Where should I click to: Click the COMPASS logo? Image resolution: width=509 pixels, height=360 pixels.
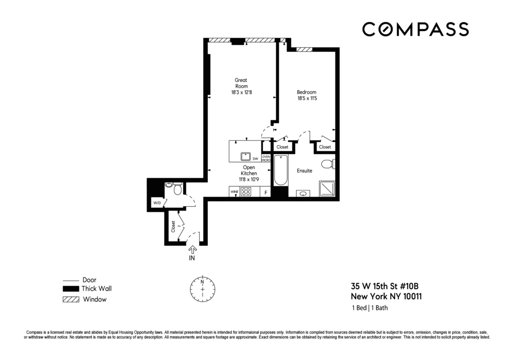(x=415, y=29)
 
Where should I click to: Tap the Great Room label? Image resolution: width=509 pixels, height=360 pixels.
(x=241, y=83)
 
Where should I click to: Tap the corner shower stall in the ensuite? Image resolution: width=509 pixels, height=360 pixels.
(x=327, y=189)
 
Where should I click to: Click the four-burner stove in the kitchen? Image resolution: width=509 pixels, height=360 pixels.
(x=246, y=192)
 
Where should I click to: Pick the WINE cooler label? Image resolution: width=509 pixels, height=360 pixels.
(x=235, y=192)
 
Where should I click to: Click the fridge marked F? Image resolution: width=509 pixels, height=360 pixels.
(x=265, y=192)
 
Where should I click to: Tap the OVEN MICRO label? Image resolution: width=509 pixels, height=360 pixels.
(x=266, y=158)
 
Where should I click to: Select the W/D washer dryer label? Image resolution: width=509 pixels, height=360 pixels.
(x=157, y=203)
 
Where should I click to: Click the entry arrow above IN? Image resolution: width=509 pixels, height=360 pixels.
(x=193, y=249)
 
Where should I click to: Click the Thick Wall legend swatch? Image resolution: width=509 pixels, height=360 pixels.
(x=70, y=289)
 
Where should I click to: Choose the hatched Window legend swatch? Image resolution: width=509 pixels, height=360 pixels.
(x=70, y=299)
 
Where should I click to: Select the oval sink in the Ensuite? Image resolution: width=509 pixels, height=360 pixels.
(x=303, y=193)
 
